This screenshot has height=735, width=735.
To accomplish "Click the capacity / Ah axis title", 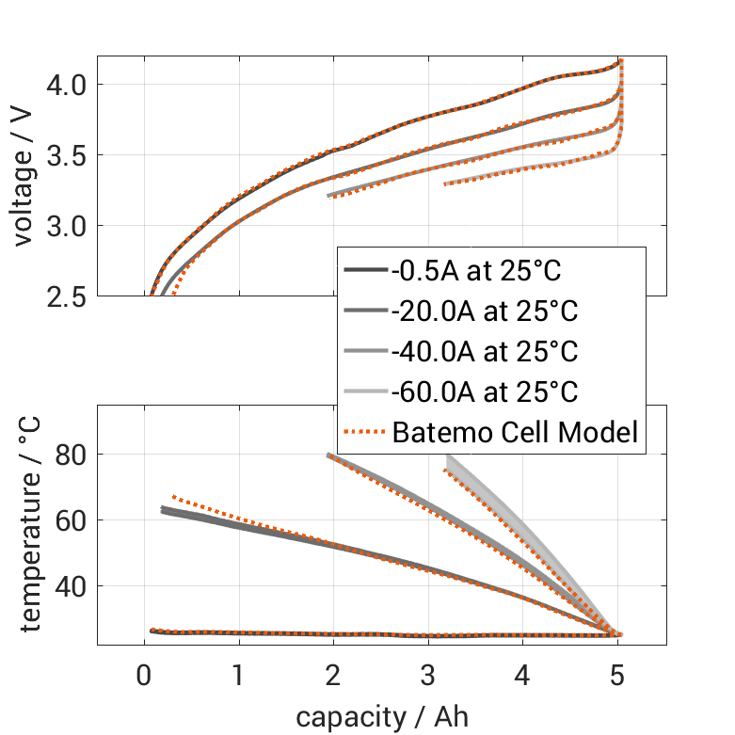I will [x=381, y=716].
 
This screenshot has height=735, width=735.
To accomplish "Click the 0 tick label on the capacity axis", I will [x=144, y=675].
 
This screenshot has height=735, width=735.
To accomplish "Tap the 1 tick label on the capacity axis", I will [x=239, y=675].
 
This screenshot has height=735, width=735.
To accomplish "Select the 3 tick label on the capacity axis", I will [x=428, y=675].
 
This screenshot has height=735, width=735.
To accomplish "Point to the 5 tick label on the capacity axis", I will [x=618, y=675].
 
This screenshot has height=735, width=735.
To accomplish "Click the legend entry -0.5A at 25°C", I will [x=475, y=272].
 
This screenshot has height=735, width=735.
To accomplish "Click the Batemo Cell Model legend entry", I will [x=516, y=432].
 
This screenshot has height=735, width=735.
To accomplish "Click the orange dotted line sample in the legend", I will [x=364, y=432].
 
